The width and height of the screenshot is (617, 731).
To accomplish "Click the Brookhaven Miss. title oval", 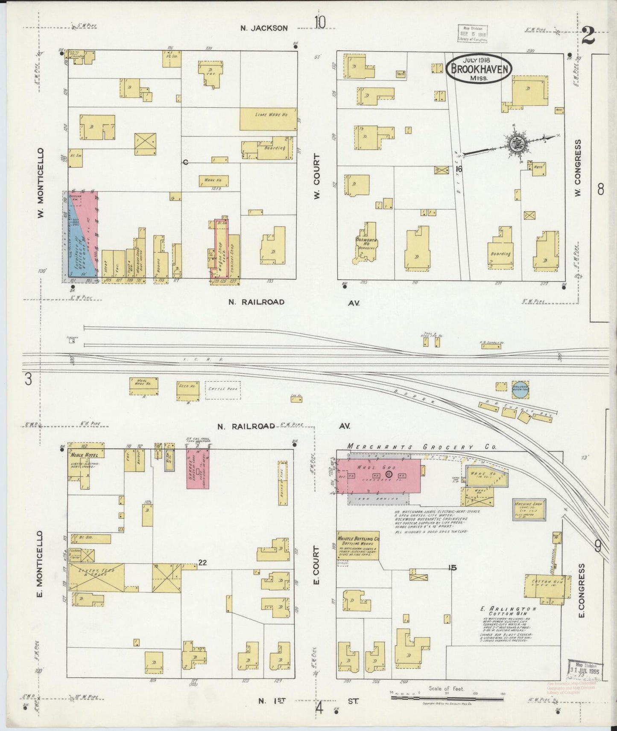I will coord(478,68).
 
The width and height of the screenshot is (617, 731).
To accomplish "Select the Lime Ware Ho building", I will coord(268,119).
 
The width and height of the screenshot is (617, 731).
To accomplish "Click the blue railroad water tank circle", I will coord(520,389).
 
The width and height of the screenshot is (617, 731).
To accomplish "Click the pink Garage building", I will coord(197,468).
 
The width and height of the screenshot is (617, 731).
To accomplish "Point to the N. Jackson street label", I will coord(264,28).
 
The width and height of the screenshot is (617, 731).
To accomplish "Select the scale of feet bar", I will coord(447,697).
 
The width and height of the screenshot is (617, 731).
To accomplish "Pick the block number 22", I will coord(202,563).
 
